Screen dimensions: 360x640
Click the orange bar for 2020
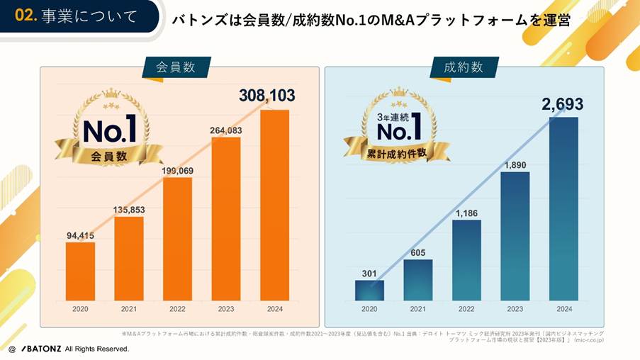pos(80,271)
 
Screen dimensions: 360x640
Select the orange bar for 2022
pos(178,239)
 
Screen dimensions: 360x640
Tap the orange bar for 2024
pos(274,205)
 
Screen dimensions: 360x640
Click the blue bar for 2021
pos(418,281)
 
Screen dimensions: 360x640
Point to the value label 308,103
pos(266,96)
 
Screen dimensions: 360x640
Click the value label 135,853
pos(129,209)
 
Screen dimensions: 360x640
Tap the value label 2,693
pos(563,104)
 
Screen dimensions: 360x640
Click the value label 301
pos(369,273)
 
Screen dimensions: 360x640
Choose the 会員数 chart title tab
pos(176,68)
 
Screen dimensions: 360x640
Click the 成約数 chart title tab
pos(464,68)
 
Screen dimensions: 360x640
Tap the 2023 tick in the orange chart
pos(226,309)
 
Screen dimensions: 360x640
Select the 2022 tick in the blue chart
pos(466,309)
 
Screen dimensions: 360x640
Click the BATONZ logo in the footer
pos(41,349)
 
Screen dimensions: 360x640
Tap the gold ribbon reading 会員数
pos(108,155)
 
